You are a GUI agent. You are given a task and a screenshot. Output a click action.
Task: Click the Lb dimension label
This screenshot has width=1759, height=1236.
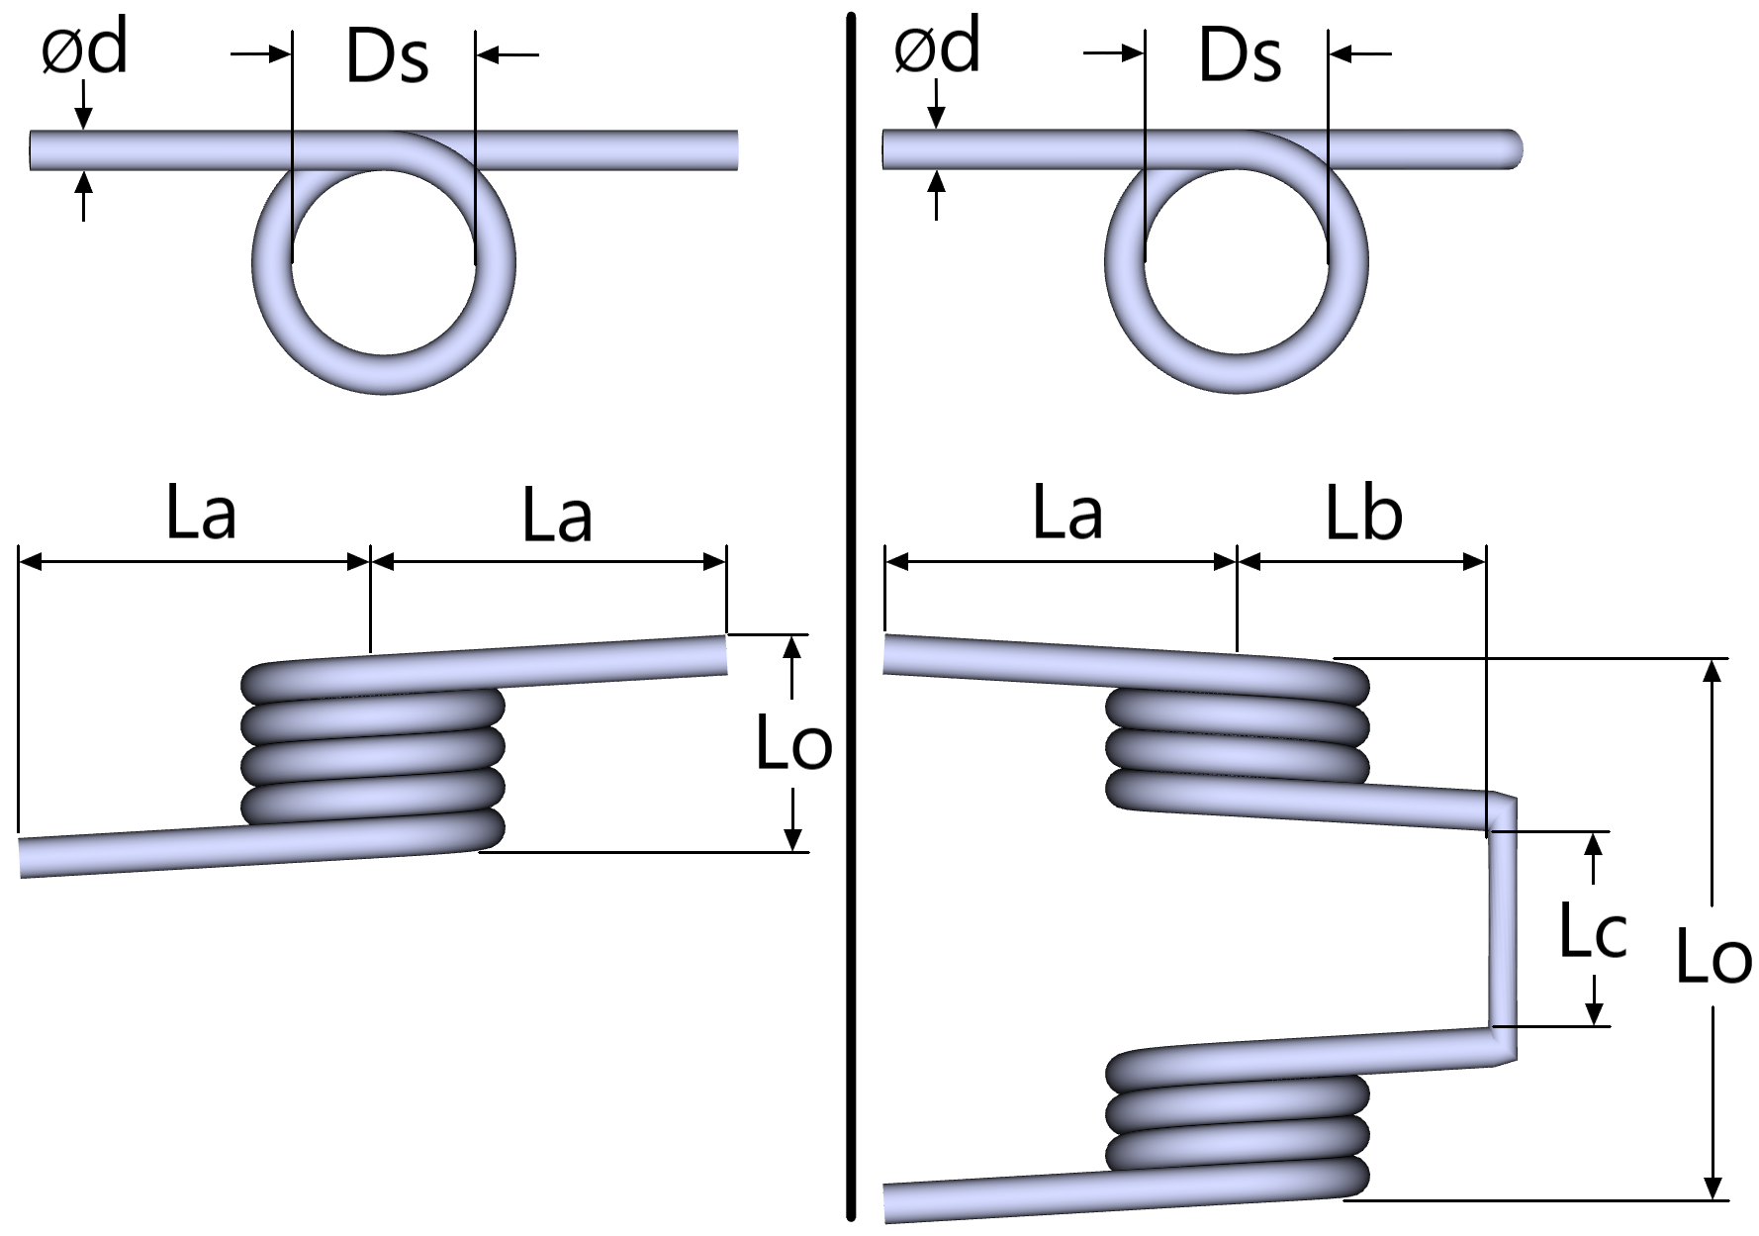click(x=1364, y=514)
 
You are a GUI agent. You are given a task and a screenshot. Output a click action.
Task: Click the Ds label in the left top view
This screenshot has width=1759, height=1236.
click(x=387, y=55)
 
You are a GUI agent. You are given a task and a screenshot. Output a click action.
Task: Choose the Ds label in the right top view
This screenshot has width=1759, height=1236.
click(x=1240, y=55)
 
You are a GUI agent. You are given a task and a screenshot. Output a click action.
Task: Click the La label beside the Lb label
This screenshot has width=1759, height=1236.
click(x=1067, y=514)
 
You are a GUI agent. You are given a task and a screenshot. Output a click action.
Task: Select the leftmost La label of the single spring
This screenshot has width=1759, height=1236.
click(x=201, y=514)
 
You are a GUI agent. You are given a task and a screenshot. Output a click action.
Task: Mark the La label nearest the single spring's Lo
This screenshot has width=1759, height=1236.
click(x=557, y=516)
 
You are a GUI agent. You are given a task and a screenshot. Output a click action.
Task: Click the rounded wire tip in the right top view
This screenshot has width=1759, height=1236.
click(x=1513, y=149)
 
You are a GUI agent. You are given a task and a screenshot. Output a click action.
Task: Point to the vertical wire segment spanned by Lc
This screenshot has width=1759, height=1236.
click(x=1502, y=930)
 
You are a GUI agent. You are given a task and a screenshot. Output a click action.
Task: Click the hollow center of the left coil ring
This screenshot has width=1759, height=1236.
click(x=384, y=262)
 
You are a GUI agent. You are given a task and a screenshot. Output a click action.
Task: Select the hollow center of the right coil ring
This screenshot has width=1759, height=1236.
click(x=1236, y=262)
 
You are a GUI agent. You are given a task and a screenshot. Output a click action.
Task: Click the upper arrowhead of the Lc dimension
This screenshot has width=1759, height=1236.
click(x=1593, y=844)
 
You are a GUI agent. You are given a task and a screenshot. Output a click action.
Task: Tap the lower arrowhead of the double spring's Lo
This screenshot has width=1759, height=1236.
click(x=1713, y=1188)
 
